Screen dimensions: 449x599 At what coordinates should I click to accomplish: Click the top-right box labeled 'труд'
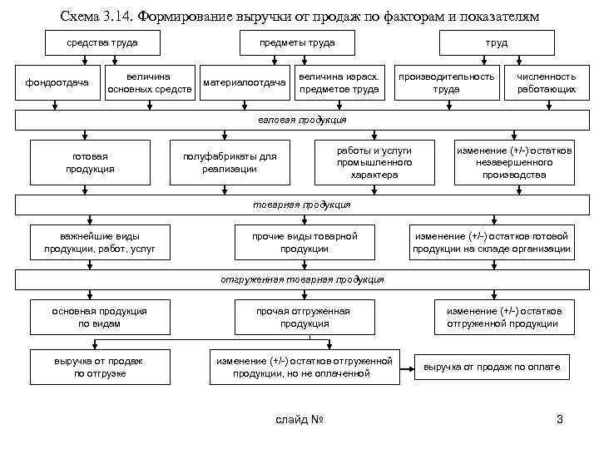(x=497, y=42)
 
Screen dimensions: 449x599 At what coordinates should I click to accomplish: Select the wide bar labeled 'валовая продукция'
(x=300, y=121)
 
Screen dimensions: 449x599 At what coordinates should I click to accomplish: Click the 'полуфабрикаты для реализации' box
(x=229, y=163)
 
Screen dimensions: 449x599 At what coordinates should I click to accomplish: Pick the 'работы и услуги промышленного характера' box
(x=374, y=163)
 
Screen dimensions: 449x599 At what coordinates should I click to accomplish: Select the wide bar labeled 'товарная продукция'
(x=300, y=205)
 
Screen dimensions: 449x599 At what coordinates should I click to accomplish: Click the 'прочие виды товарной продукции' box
(x=304, y=243)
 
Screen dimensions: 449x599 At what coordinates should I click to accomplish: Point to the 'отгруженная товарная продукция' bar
(x=300, y=280)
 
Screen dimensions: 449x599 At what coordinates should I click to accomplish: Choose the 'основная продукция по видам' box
(x=99, y=317)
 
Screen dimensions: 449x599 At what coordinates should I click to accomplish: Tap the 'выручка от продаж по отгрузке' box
(x=99, y=367)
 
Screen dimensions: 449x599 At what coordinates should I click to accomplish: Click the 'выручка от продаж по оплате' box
(x=492, y=367)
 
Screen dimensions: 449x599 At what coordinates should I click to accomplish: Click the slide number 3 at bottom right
(x=559, y=419)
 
